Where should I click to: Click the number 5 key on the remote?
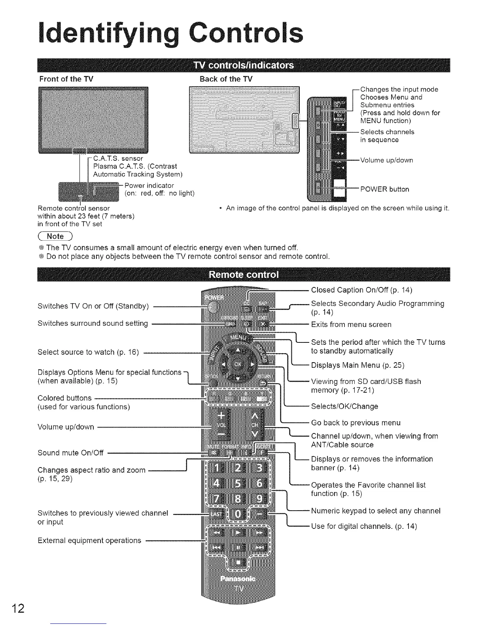(238, 484)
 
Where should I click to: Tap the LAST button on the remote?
(216, 514)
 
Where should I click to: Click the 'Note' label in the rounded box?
(55, 236)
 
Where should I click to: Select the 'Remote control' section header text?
(243, 275)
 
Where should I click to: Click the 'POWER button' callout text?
(384, 189)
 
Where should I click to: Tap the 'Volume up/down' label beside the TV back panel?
(386, 160)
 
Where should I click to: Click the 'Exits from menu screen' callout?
(351, 325)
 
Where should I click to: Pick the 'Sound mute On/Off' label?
(70, 452)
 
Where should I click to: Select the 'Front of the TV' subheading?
(66, 79)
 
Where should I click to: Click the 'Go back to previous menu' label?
(355, 423)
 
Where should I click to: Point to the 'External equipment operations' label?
(89, 540)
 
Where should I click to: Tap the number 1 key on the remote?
(216, 468)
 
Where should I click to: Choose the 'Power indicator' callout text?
(149, 186)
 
